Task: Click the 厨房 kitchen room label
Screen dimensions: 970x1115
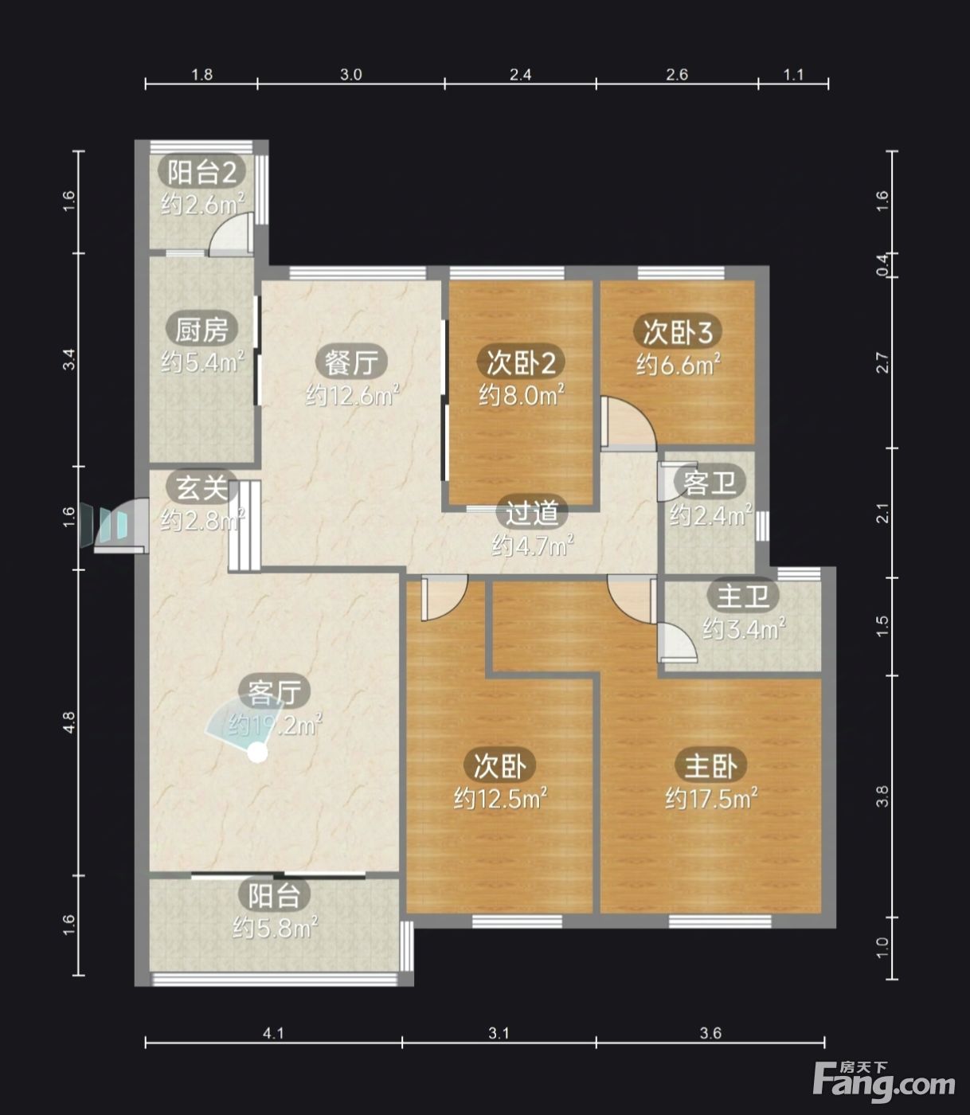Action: [x=201, y=330]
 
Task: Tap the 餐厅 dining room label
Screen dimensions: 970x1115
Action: [x=351, y=362]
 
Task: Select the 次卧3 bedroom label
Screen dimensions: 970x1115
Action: [x=678, y=331]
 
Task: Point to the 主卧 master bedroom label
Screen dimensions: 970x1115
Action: [x=710, y=766]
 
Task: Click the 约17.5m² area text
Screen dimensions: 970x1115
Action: [x=711, y=799]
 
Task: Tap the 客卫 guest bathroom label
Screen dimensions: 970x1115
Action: [x=709, y=483]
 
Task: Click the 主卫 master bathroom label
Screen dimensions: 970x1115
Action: [x=743, y=597]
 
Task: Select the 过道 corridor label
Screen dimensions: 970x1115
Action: [x=532, y=513]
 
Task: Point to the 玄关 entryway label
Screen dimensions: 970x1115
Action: [x=201, y=487]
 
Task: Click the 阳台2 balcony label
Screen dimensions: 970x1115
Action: [x=201, y=172]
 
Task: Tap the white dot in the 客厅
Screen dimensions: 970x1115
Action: [x=258, y=753]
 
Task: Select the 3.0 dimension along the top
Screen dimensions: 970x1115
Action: [x=351, y=74]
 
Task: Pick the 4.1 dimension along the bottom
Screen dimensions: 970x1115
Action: [x=274, y=1033]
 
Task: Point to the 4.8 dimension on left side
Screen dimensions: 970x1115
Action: [x=68, y=722]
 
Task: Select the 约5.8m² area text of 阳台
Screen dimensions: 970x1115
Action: [x=275, y=927]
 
